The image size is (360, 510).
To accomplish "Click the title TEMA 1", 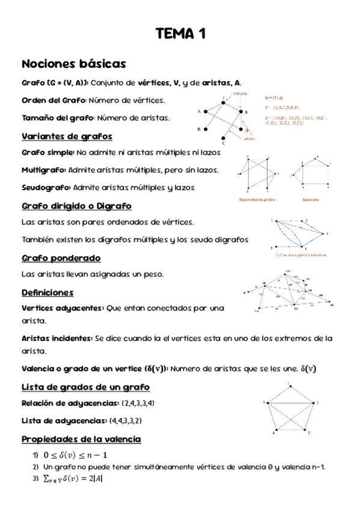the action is (180, 34).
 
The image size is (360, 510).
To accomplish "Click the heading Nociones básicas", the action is (73, 64).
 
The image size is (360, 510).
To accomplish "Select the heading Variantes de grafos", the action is (66, 135).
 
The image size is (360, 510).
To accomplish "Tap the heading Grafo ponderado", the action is (61, 257).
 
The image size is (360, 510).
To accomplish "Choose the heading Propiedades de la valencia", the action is (81, 439).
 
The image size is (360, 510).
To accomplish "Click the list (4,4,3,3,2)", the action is (126, 420).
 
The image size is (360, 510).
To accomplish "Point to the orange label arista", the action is (250, 139).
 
